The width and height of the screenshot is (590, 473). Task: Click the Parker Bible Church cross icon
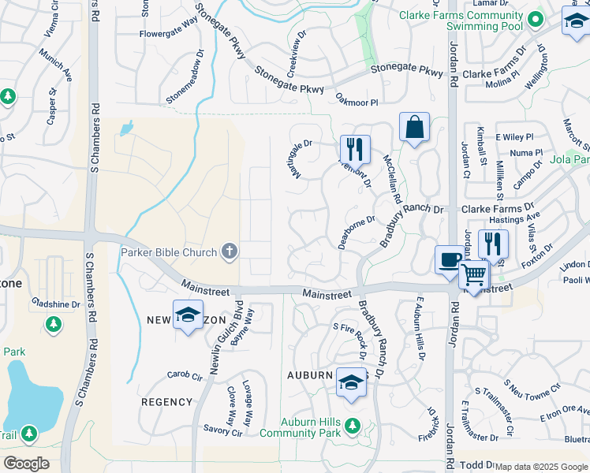[229, 252]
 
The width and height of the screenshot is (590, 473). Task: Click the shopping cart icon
[474, 275]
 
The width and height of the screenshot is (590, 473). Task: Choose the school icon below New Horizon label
[188, 315]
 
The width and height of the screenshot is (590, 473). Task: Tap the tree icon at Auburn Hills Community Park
[353, 426]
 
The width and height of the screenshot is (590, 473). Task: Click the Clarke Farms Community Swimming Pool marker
[536, 20]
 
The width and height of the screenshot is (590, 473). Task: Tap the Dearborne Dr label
[356, 233]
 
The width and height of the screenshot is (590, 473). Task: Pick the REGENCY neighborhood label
[166, 402]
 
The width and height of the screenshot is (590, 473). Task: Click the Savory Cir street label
[222, 431]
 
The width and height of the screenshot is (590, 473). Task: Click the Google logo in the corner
[26, 463]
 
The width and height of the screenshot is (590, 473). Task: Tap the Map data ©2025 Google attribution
[540, 467]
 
